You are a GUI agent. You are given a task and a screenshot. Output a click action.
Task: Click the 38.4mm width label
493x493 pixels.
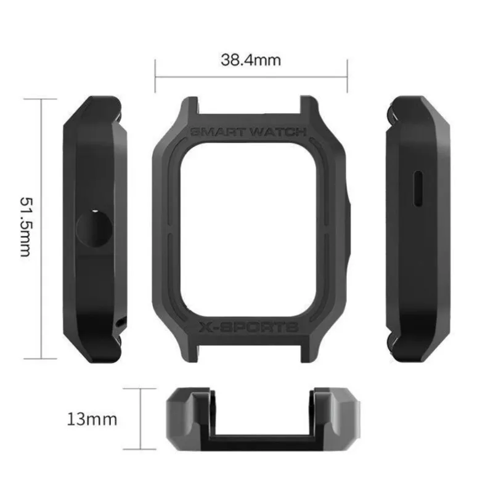click(250, 60)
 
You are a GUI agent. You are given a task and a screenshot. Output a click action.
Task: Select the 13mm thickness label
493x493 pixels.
click(92, 420)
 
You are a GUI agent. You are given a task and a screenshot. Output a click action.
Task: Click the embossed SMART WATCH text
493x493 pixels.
click(248, 132)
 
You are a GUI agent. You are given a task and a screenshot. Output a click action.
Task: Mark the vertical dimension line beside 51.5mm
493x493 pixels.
click(41, 227)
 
